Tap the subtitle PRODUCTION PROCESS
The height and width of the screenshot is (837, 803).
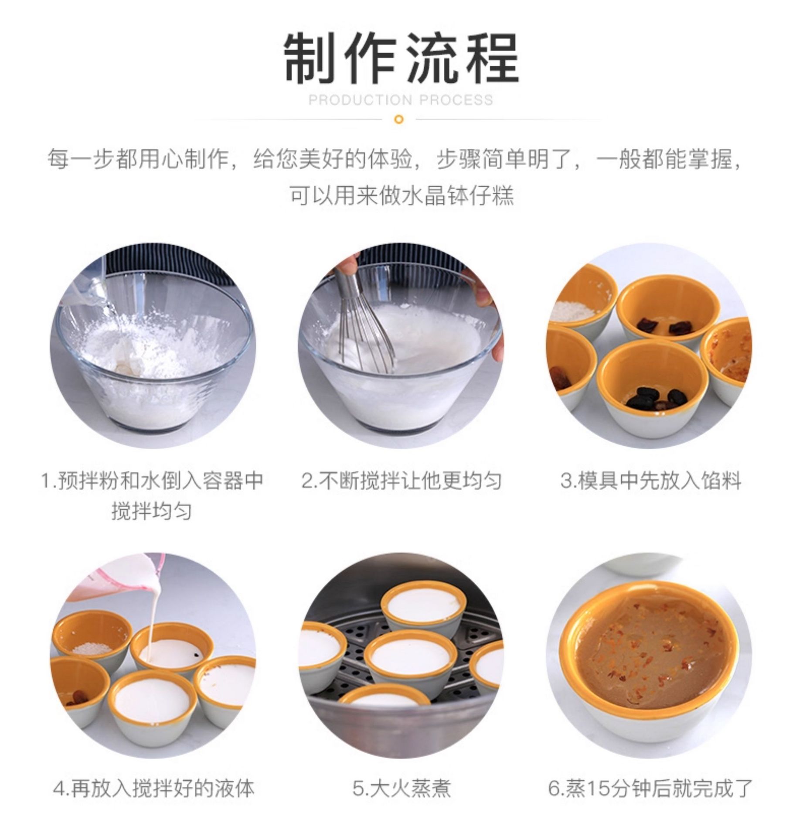point(401,100)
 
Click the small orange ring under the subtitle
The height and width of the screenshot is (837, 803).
point(398,119)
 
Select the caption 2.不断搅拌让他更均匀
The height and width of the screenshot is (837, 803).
point(401,481)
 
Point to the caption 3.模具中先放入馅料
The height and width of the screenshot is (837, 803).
point(651,481)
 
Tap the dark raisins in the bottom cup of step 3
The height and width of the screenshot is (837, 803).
point(658,397)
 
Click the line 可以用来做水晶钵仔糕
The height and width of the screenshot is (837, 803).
point(401,195)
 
